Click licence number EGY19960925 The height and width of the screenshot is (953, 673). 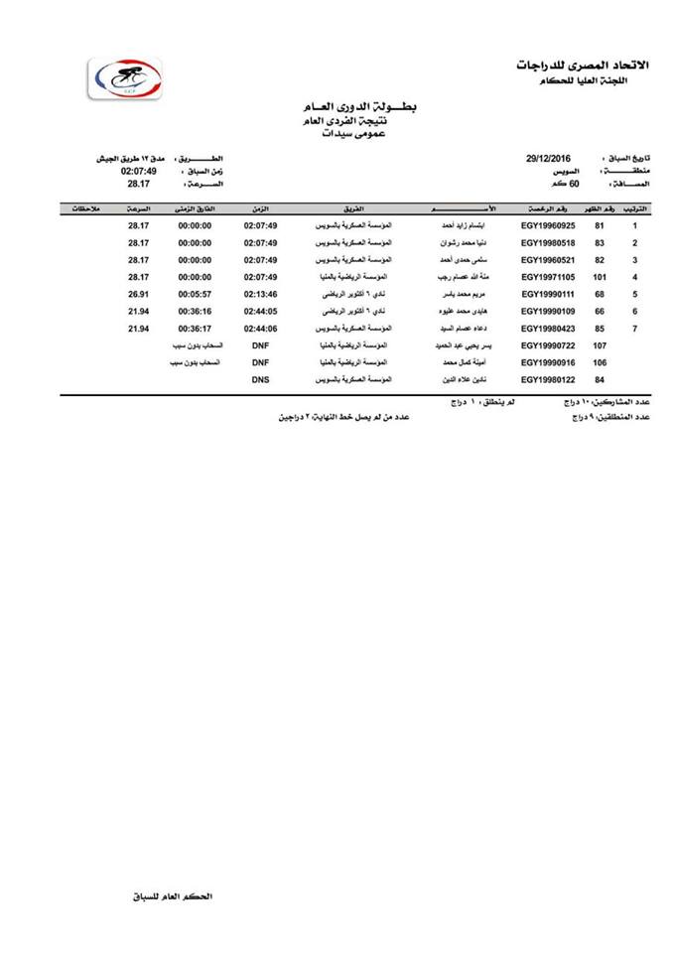point(548,226)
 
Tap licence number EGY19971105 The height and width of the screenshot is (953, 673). point(548,277)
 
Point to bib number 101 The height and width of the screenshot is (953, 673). point(600,277)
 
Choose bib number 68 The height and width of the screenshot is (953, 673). point(600,295)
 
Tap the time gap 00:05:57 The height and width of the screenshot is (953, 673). point(195,295)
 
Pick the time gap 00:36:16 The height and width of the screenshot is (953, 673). point(195,312)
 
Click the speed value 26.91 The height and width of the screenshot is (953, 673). point(138,295)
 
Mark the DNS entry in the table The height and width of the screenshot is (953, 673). point(260,380)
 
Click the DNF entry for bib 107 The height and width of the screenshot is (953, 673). point(260,345)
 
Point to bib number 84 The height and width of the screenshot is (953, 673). point(600,380)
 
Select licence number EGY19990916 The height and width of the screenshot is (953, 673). point(548,363)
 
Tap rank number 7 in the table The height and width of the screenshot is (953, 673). point(635,329)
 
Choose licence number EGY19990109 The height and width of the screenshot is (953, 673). point(548,312)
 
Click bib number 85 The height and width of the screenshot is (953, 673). point(600,329)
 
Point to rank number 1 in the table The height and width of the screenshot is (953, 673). point(635,226)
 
